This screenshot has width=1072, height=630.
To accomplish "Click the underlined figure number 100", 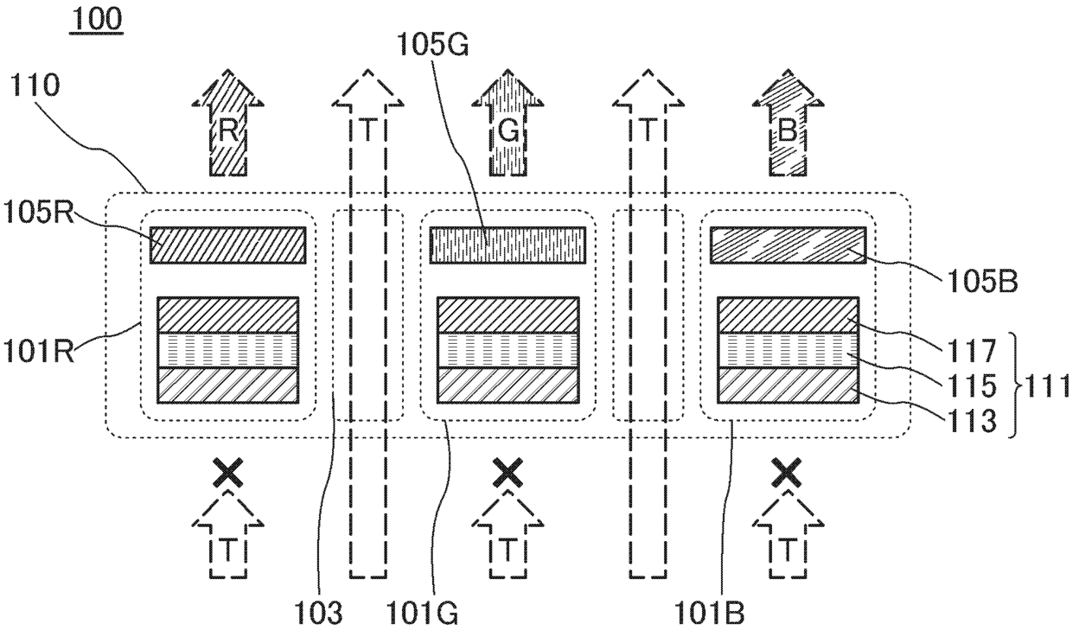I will (96, 18).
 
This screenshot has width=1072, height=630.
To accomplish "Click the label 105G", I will (432, 42).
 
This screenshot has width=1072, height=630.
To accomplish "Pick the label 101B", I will (711, 614).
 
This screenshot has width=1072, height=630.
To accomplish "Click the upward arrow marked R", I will (227, 130).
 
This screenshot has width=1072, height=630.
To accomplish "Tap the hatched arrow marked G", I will (507, 130).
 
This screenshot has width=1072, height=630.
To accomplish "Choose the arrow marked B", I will (787, 130).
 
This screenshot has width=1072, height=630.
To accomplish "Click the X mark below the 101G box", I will (507, 472).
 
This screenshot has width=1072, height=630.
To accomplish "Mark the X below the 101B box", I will (787, 472).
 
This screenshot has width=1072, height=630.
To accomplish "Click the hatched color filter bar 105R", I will (228, 245).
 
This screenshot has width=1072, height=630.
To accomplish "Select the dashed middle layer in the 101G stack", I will (507, 351).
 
